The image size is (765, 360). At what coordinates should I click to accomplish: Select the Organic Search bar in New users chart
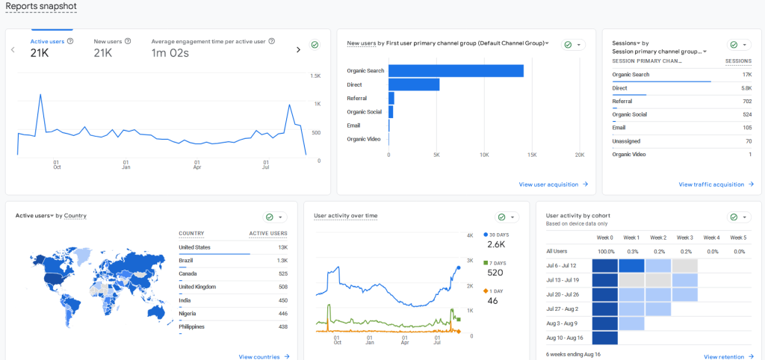(456, 71)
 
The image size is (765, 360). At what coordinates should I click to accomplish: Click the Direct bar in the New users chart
(413, 84)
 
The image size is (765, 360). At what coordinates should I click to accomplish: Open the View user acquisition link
(553, 184)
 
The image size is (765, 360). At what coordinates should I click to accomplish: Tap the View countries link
(264, 357)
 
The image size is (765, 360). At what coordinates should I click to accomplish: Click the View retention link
(728, 357)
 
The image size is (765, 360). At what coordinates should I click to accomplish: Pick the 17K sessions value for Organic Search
(746, 75)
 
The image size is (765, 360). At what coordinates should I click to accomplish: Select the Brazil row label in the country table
(186, 261)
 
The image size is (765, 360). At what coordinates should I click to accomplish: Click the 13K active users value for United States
(282, 247)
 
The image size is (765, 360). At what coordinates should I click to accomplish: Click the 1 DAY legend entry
(497, 291)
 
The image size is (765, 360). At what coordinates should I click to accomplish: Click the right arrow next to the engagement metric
(298, 49)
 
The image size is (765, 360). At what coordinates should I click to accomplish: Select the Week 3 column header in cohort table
(684, 238)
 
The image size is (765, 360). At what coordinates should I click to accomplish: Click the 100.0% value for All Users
(606, 252)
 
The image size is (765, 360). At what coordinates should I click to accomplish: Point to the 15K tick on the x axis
(532, 155)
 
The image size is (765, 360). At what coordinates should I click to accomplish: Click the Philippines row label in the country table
(194, 327)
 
